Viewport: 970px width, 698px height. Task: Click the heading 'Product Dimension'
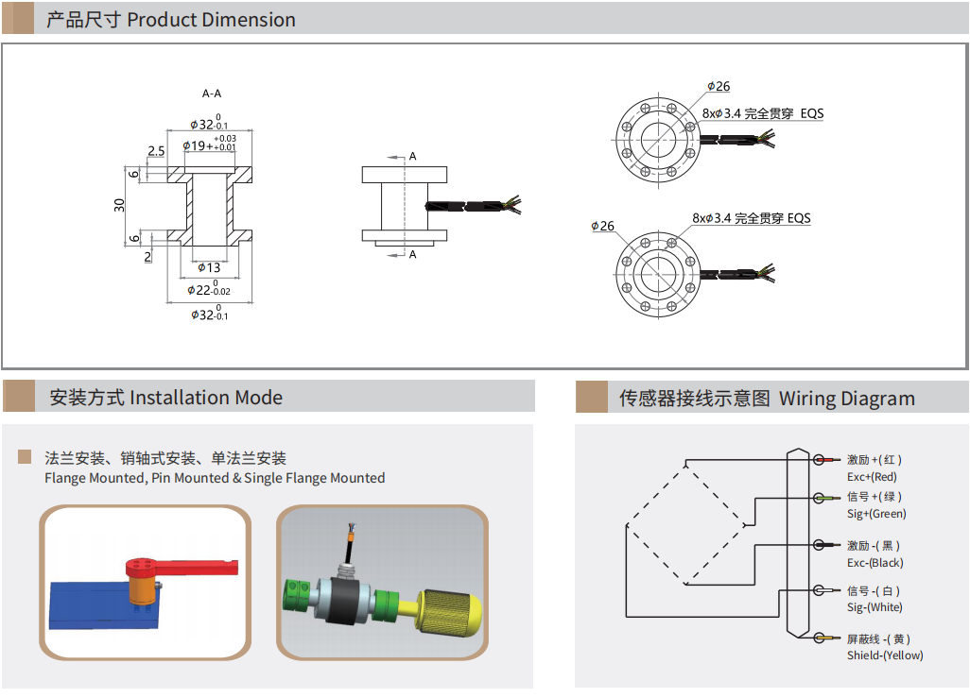click(x=211, y=20)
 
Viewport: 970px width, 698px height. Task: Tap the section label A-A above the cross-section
click(x=212, y=94)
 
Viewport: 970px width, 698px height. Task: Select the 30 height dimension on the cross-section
click(x=120, y=205)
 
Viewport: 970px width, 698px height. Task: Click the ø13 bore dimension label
click(x=209, y=268)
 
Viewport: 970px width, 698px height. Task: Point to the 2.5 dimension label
click(x=156, y=151)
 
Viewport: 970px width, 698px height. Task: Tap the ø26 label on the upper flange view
click(x=719, y=87)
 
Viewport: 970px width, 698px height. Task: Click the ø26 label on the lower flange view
click(x=602, y=227)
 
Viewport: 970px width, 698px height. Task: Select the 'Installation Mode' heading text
click(x=205, y=398)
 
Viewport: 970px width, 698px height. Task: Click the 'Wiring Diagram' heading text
click(x=846, y=399)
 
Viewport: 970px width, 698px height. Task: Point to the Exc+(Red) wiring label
click(x=872, y=477)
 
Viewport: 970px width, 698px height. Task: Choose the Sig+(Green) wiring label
click(x=876, y=514)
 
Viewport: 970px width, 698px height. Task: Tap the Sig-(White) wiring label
click(x=875, y=607)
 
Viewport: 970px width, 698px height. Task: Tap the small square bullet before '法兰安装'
click(x=25, y=458)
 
